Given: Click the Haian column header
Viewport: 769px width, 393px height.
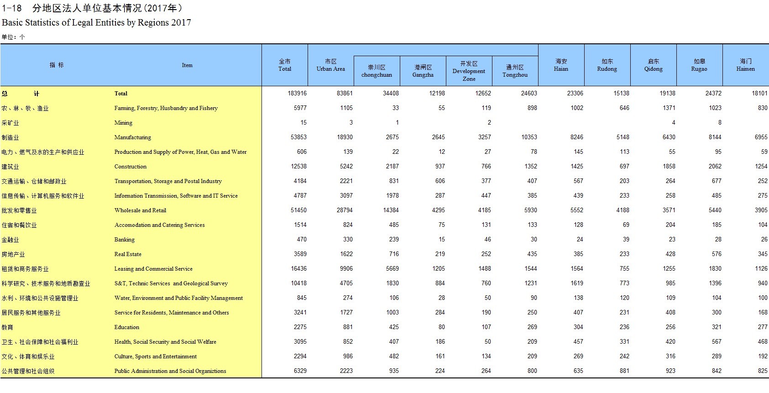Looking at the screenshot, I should pyautogui.click(x=561, y=65).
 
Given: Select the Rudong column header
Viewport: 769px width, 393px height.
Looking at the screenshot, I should pyautogui.click(x=607, y=65).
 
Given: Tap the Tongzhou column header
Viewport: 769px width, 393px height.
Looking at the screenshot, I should pyautogui.click(x=515, y=71).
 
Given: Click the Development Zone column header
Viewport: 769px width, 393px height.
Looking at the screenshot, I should pyautogui.click(x=469, y=71).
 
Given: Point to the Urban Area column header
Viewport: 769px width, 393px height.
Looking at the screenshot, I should pyautogui.click(x=330, y=65).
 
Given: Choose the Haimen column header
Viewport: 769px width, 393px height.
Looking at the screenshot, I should pyautogui.click(x=745, y=65).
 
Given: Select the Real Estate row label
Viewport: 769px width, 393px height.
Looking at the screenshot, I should pyautogui.click(x=128, y=254).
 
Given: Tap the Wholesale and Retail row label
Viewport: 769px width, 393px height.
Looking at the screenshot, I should pyautogui.click(x=140, y=210).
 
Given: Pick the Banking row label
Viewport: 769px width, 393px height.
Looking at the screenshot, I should pyautogui.click(x=124, y=240).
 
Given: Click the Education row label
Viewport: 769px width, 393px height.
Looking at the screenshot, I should pyautogui.click(x=126, y=327).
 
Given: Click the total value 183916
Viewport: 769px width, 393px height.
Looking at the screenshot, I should pyautogui.click(x=297, y=94).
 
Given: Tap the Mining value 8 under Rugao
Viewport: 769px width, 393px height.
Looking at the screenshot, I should pyautogui.click(x=720, y=123).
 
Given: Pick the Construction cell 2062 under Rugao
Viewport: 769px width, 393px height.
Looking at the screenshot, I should pyautogui.click(x=715, y=167).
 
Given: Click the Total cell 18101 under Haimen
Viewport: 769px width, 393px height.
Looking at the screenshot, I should pyautogui.click(x=759, y=94).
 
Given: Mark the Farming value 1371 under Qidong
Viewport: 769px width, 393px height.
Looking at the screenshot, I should pyautogui.click(x=669, y=108).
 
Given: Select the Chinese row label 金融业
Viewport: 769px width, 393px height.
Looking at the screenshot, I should pyautogui.click(x=10, y=240).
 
